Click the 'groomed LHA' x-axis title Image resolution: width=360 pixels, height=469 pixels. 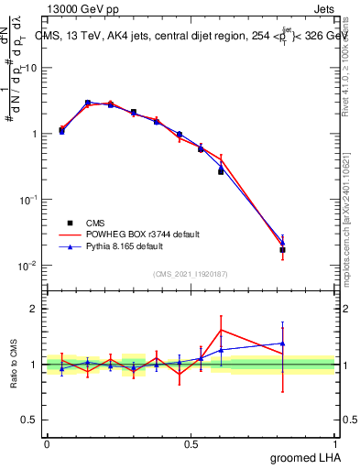[303, 456]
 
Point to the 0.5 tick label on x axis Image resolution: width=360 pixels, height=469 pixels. [191, 443]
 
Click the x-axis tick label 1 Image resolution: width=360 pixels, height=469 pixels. [335, 443]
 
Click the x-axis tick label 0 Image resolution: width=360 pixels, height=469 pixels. [47, 443]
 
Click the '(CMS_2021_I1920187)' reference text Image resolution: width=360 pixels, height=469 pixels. [191, 274]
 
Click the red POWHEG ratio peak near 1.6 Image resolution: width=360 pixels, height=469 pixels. [221, 330]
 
